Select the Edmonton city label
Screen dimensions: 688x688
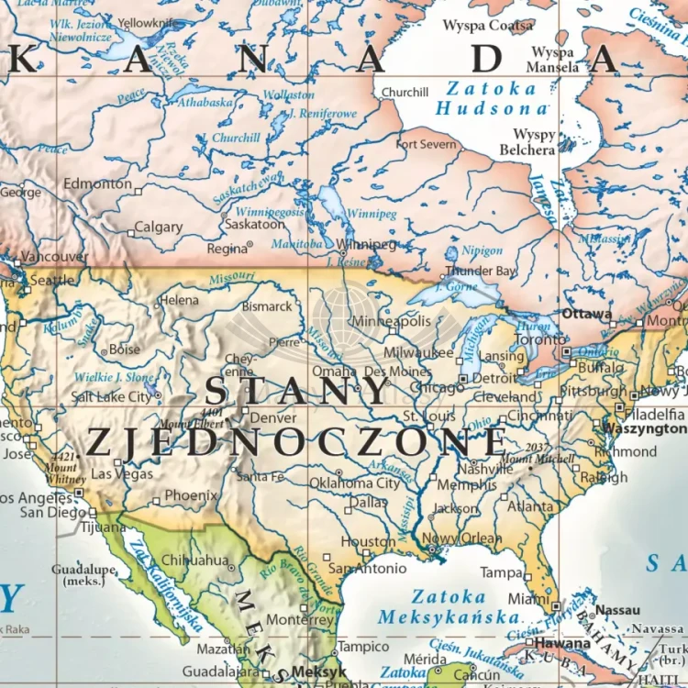(x=97, y=183)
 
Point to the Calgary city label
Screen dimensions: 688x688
(x=159, y=227)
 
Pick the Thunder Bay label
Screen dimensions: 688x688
(x=482, y=272)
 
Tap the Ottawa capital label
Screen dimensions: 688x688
(x=587, y=314)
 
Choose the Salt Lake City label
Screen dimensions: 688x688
(x=111, y=396)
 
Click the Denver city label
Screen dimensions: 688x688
(x=273, y=417)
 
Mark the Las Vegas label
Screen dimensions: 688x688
(x=122, y=474)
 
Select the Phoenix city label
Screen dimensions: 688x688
(x=191, y=495)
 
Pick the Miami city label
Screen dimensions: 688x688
(x=527, y=598)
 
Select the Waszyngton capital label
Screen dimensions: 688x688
(x=643, y=428)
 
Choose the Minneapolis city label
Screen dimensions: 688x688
(x=392, y=321)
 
